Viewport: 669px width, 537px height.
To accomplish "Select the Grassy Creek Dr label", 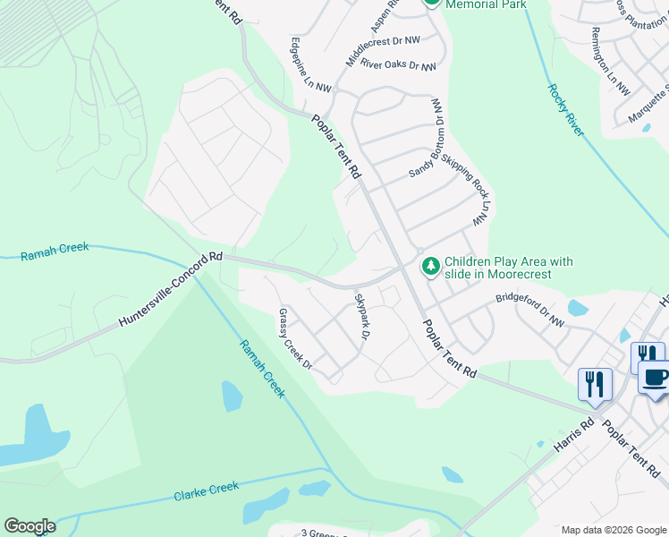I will click(x=294, y=339).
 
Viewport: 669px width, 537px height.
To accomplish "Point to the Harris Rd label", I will click(x=573, y=433).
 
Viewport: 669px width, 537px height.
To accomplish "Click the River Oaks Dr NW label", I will click(x=398, y=66).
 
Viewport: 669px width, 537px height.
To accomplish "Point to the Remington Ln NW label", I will click(x=610, y=62).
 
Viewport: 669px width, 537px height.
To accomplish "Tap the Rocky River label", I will click(x=565, y=110).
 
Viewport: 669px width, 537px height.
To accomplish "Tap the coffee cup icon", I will click(x=656, y=377).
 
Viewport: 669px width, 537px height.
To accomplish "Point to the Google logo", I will click(x=30, y=526).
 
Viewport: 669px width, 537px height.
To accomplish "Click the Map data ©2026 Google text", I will click(x=614, y=530).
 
